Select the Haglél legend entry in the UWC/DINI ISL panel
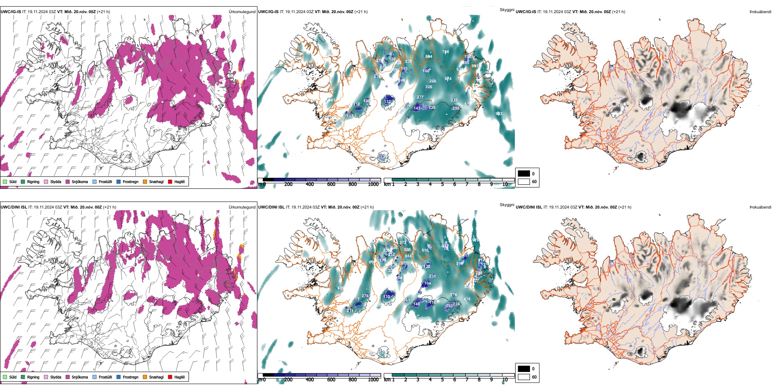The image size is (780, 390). point(179,377)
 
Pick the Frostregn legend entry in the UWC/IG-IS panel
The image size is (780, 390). point(130,181)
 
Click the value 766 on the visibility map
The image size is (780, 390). point(445,52)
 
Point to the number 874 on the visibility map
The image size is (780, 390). point(448,79)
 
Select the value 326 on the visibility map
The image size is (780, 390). point(429,87)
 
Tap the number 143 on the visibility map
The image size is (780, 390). point(417,108)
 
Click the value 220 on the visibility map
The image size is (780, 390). point(432,108)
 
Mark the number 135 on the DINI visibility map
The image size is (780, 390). point(387,297)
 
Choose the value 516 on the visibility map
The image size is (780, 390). point(425,250)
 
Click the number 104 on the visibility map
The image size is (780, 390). point(427,283)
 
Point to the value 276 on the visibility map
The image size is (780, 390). point(365,296)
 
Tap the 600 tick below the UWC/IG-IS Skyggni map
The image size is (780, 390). point(331,184)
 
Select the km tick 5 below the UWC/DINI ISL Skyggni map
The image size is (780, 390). point(442,380)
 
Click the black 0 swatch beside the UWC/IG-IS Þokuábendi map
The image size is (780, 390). point(524,174)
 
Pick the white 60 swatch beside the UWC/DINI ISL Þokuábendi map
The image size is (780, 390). point(524,377)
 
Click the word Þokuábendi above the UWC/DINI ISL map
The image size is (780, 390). point(760,207)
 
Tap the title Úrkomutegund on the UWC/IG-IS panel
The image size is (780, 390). point(242,12)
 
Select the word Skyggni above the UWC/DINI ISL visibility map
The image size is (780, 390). point(507,205)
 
